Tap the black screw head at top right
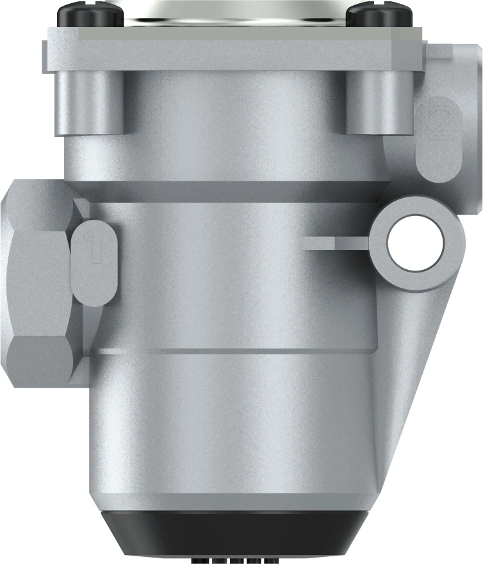[x=373, y=14]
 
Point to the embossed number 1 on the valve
[x=95, y=250]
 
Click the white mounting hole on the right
[x=415, y=241]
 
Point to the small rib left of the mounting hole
[x=333, y=242]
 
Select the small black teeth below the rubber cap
[x=234, y=560]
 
